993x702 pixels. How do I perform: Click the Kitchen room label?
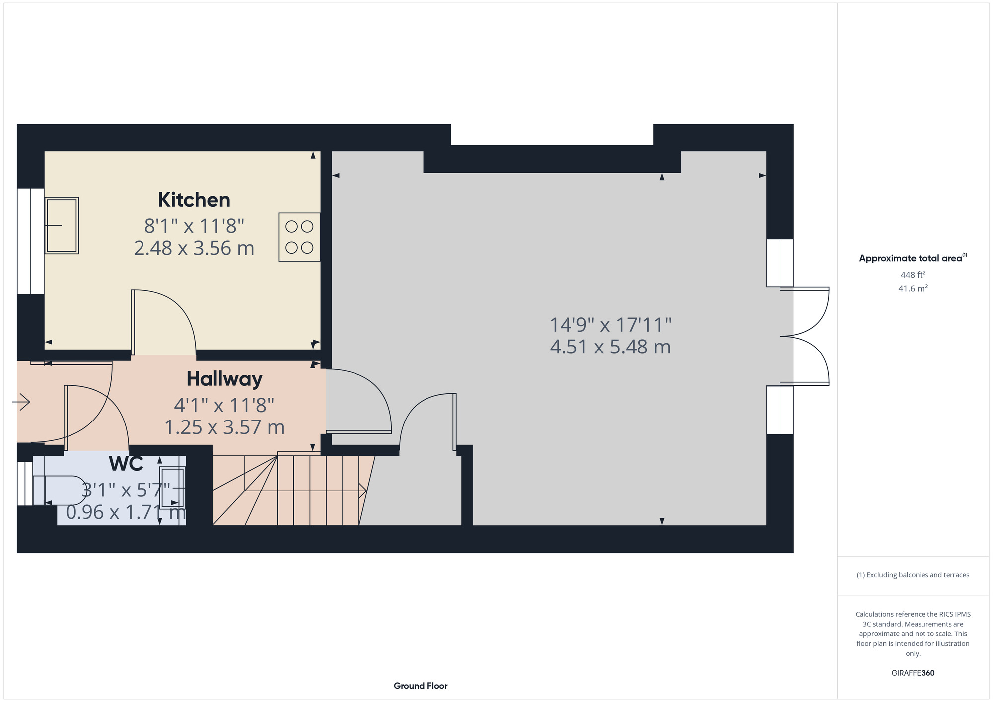(x=194, y=200)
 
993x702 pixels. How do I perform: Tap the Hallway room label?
(x=224, y=379)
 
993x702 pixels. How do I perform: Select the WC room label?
(x=126, y=464)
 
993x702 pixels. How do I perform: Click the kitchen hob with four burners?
(x=299, y=237)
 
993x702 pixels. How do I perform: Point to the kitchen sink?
(x=62, y=225)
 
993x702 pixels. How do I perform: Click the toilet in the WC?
(x=59, y=491)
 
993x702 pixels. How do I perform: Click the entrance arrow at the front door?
(x=21, y=401)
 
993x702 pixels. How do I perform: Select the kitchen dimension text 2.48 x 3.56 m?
(x=194, y=248)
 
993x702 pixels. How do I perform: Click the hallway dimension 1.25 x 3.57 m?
(x=224, y=427)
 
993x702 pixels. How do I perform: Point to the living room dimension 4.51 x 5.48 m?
(x=610, y=347)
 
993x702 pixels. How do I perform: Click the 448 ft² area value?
(x=913, y=275)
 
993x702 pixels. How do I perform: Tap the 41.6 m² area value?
(x=913, y=288)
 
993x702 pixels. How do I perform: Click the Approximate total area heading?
(x=913, y=258)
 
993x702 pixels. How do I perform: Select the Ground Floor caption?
(x=421, y=686)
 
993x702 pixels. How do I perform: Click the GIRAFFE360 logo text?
(x=913, y=673)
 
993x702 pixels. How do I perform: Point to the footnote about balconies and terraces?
(x=913, y=575)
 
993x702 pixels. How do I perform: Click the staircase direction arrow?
(x=306, y=491)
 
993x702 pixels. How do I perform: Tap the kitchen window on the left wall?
(x=31, y=241)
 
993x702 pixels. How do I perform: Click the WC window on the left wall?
(x=25, y=484)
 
